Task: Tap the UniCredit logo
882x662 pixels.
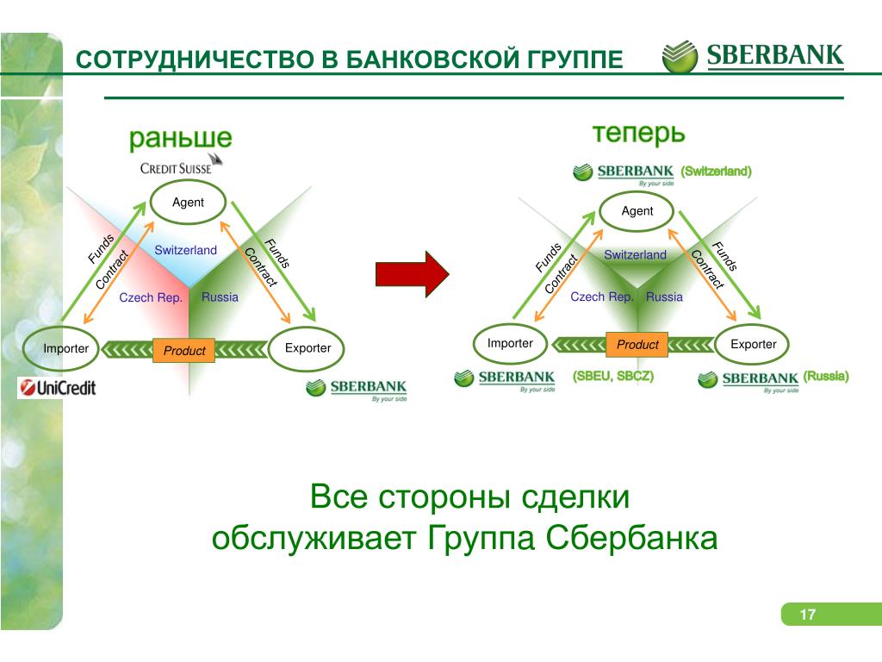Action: click(x=58, y=388)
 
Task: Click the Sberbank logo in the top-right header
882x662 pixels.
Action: click(x=754, y=57)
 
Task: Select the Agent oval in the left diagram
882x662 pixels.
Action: click(x=188, y=203)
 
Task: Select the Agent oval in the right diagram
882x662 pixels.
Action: click(x=637, y=211)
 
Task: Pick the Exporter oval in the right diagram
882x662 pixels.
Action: click(x=753, y=345)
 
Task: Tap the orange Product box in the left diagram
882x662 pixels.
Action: click(x=184, y=350)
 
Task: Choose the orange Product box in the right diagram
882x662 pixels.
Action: click(x=637, y=345)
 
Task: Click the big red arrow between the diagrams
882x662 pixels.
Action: click(x=413, y=273)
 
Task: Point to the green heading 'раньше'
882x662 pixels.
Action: click(x=181, y=138)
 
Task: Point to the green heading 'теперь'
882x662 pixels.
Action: click(x=638, y=134)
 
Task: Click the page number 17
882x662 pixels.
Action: click(x=807, y=615)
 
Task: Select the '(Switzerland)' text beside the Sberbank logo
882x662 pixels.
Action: click(x=716, y=172)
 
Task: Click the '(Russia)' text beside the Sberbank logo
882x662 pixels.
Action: click(x=826, y=377)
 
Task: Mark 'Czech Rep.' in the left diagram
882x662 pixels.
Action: click(x=151, y=297)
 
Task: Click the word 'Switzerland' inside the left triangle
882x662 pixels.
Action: click(x=185, y=250)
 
